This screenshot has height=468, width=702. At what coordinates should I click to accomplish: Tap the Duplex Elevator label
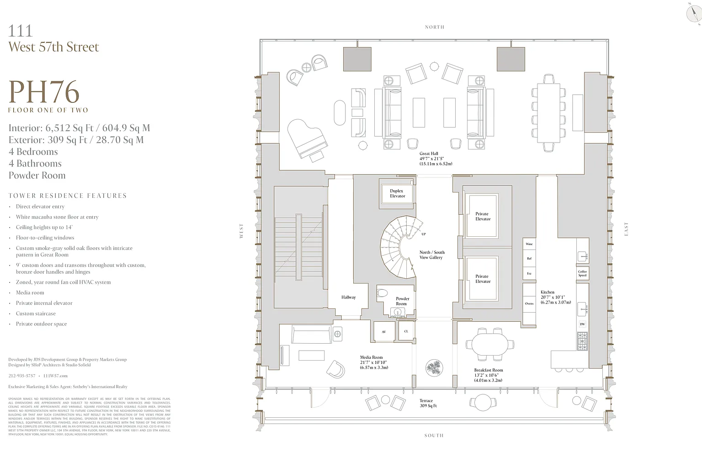pyautogui.click(x=397, y=194)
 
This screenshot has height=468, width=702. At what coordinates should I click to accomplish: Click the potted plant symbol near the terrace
pyautogui.click(x=434, y=367)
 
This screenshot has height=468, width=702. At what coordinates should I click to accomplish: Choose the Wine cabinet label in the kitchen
pyautogui.click(x=529, y=244)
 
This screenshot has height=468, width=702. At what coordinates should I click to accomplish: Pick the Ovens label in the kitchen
pyautogui.click(x=529, y=303)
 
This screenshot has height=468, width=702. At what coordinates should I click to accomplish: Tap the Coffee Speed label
pyautogui.click(x=582, y=273)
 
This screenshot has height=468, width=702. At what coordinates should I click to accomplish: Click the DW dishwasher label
pyautogui.click(x=582, y=324)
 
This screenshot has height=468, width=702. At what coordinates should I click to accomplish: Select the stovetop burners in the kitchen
pyautogui.click(x=582, y=341)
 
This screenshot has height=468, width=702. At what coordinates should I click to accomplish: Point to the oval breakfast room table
pyautogui.click(x=489, y=345)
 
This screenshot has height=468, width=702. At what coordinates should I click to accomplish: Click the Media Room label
pyautogui.click(x=371, y=357)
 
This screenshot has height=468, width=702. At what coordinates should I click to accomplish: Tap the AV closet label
pyautogui.click(x=384, y=331)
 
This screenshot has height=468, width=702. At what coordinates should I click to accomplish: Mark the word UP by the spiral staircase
pyautogui.click(x=424, y=234)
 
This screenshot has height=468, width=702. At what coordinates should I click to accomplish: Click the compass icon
pyautogui.click(x=694, y=12)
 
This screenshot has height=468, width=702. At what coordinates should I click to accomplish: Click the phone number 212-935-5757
pyautogui.click(x=21, y=376)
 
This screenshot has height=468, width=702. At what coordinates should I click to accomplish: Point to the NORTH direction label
pyautogui.click(x=434, y=27)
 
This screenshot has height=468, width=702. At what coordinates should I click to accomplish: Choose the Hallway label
pyautogui.click(x=348, y=298)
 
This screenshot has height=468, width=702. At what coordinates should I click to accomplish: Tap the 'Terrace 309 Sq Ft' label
pyautogui.click(x=428, y=403)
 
